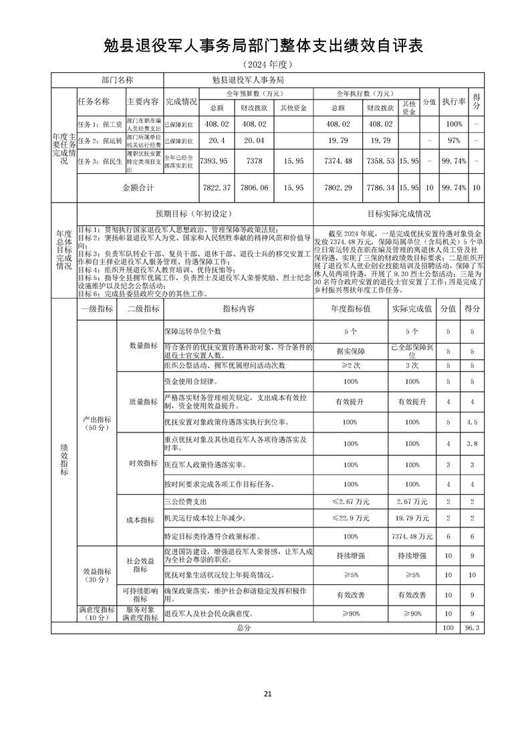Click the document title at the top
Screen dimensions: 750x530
pyautogui.click(x=265, y=45)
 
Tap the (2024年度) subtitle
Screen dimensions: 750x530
pyautogui.click(x=265, y=65)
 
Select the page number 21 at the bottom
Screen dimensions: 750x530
pyautogui.click(x=267, y=693)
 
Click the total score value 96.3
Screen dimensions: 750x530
pyautogui.click(x=475, y=628)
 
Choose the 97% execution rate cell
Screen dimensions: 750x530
pyautogui.click(x=454, y=141)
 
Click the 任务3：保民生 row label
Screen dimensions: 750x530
pyautogui.click(x=100, y=161)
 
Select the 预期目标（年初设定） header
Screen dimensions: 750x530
pyautogui.click(x=194, y=214)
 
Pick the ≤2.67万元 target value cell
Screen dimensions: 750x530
pyautogui.click(x=352, y=501)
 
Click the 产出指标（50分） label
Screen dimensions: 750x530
pyautogui.click(x=98, y=422)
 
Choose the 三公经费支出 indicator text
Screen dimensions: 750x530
pyautogui.click(x=186, y=501)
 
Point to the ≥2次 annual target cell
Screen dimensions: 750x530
pyautogui.click(x=352, y=366)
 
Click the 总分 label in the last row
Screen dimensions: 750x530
pyautogui.click(x=243, y=628)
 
